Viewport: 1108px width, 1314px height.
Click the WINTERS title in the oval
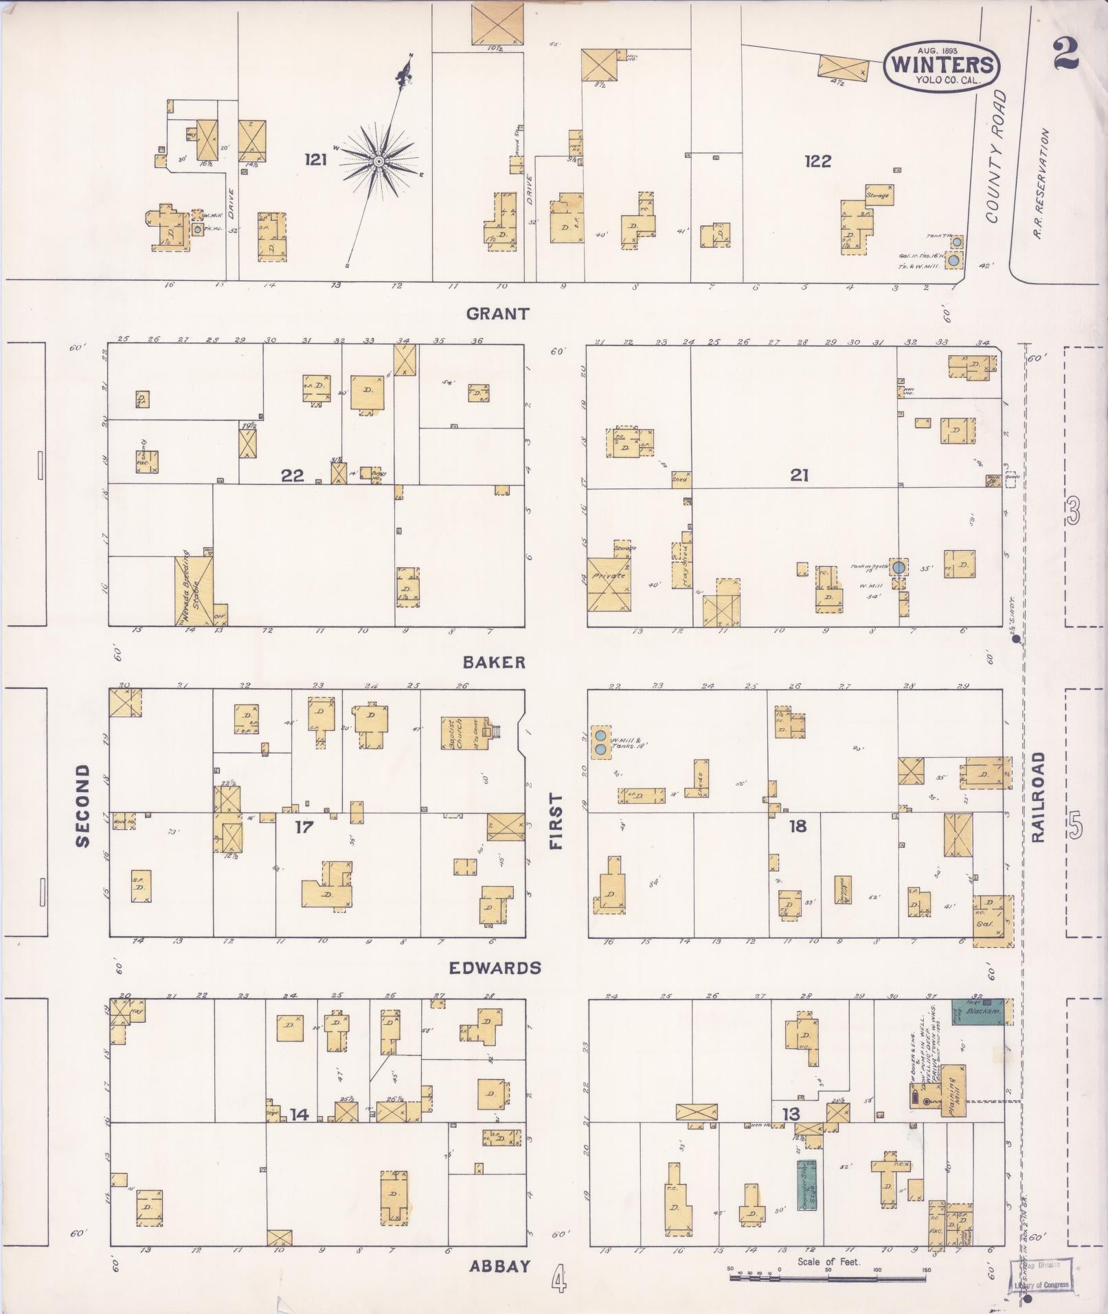pyautogui.click(x=942, y=65)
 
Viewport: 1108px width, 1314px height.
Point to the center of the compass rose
pyautogui.click(x=378, y=161)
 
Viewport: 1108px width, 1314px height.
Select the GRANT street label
pyautogui.click(x=498, y=314)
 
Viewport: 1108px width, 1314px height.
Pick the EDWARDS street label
pyautogui.click(x=495, y=968)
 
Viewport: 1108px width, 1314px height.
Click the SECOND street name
pyautogui.click(x=83, y=806)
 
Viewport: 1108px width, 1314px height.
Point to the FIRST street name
pyautogui.click(x=556, y=822)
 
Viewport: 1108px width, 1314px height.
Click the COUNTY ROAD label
pyautogui.click(x=996, y=157)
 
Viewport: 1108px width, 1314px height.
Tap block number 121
pyautogui.click(x=316, y=160)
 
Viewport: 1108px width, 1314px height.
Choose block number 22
pyautogui.click(x=292, y=475)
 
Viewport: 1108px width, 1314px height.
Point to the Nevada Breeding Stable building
pyautogui.click(x=192, y=591)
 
